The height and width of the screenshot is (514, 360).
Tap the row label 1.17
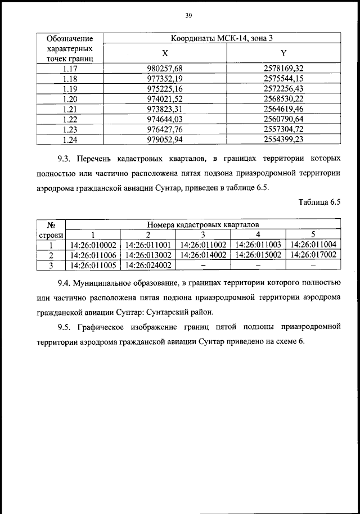coord(70,68)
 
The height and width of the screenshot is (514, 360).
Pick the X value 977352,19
coord(165,78)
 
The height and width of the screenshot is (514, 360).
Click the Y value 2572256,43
coord(283,88)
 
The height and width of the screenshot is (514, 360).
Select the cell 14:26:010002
coord(93,245)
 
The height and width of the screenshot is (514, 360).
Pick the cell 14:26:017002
coord(313,255)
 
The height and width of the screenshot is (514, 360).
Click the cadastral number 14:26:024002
coord(148,265)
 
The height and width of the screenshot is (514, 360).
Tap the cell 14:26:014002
coord(204,255)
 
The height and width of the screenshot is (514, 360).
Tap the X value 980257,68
coord(165,68)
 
